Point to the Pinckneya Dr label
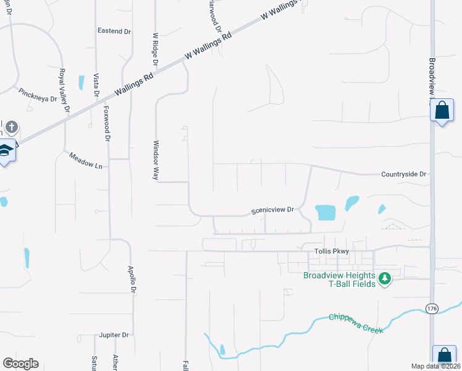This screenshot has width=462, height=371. click(x=38, y=94)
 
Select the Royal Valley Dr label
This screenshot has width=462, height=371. click(x=64, y=91)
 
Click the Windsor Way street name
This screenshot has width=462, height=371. click(x=156, y=159)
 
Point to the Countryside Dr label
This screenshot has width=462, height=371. click(x=404, y=174)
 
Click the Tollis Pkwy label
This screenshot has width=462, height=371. click(x=332, y=251)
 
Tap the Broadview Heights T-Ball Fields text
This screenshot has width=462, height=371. click(x=339, y=280)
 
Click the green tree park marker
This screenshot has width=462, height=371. click(x=385, y=279)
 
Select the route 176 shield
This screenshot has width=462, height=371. click(x=432, y=307)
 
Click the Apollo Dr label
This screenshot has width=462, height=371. click(x=131, y=279)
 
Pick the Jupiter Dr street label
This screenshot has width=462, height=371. click(x=114, y=335)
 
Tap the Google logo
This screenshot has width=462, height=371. click(x=20, y=364)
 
